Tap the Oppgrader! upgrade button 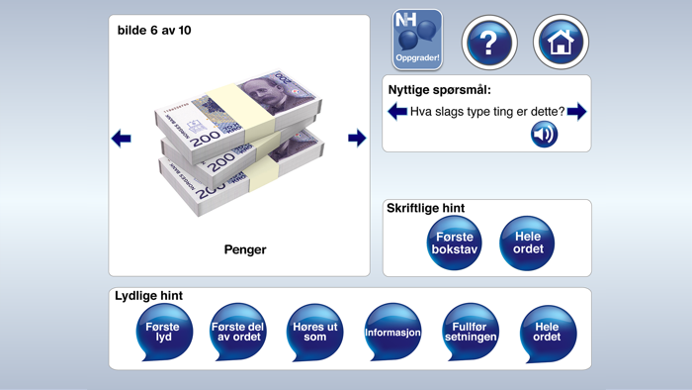418,41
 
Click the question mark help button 489,42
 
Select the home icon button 562,42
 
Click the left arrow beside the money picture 122,139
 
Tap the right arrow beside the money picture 357,139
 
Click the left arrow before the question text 397,112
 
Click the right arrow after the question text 576,112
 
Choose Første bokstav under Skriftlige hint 454,244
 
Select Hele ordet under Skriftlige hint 527,244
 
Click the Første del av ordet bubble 238,333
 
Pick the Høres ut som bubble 315,333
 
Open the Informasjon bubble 392,333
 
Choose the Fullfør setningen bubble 470,333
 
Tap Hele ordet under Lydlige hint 547,333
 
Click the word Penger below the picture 245,250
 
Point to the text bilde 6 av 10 154,31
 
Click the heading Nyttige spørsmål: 440,90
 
